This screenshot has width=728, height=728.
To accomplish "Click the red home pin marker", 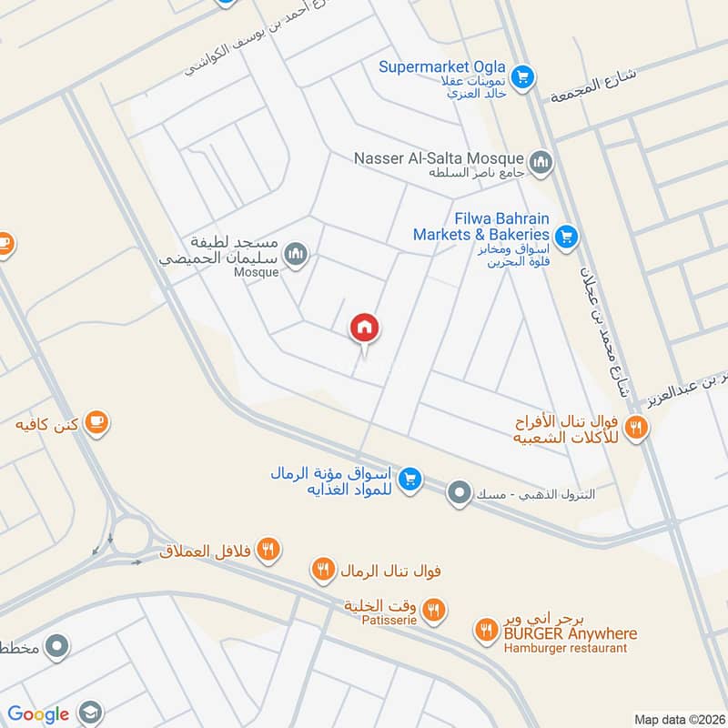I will pyautogui.click(x=365, y=328).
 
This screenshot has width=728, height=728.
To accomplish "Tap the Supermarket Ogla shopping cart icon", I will pyautogui.click(x=521, y=76).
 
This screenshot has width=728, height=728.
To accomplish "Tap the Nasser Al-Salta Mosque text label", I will pyautogui.click(x=439, y=158).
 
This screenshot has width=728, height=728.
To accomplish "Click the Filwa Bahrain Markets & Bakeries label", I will pyautogui.click(x=480, y=227).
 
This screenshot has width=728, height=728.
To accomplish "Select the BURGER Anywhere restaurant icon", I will pyautogui.click(x=486, y=629).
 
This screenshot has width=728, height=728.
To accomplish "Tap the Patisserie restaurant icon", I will pyautogui.click(x=435, y=611).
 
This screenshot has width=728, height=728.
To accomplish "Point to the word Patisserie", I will pyautogui.click(x=389, y=620).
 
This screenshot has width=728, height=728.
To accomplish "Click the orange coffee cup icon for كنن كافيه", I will pyautogui.click(x=96, y=422).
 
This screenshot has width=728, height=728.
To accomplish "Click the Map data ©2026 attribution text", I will pyautogui.click(x=678, y=719).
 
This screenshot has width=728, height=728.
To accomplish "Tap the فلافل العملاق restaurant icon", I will pyautogui.click(x=268, y=548).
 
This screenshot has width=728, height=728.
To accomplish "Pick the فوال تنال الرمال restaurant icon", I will pyautogui.click(x=322, y=571).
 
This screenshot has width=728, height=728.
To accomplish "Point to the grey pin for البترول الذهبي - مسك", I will pyautogui.click(x=460, y=494).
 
